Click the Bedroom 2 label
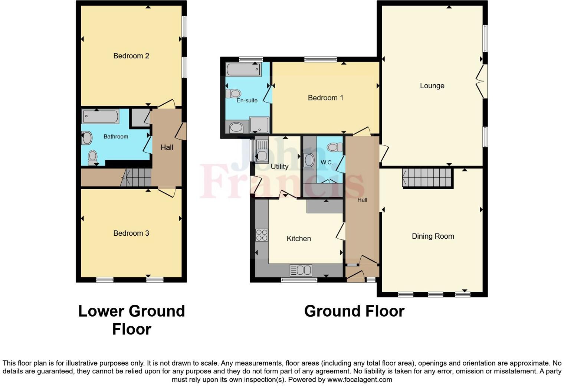131,56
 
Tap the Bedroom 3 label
131,233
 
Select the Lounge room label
432,86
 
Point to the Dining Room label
433,236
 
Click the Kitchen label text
299,239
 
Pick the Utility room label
279,167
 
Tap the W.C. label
327,163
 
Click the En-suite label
247,100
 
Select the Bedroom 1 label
325,98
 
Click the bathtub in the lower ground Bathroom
100,116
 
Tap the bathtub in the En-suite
243,69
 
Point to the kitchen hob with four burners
262,235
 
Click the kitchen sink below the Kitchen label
301,270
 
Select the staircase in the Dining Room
427,178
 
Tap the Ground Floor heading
354,311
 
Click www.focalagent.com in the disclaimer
359,380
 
